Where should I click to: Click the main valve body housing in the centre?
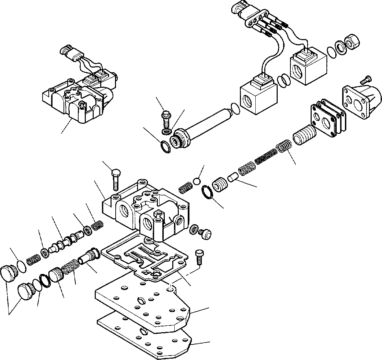pos(144,213)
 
